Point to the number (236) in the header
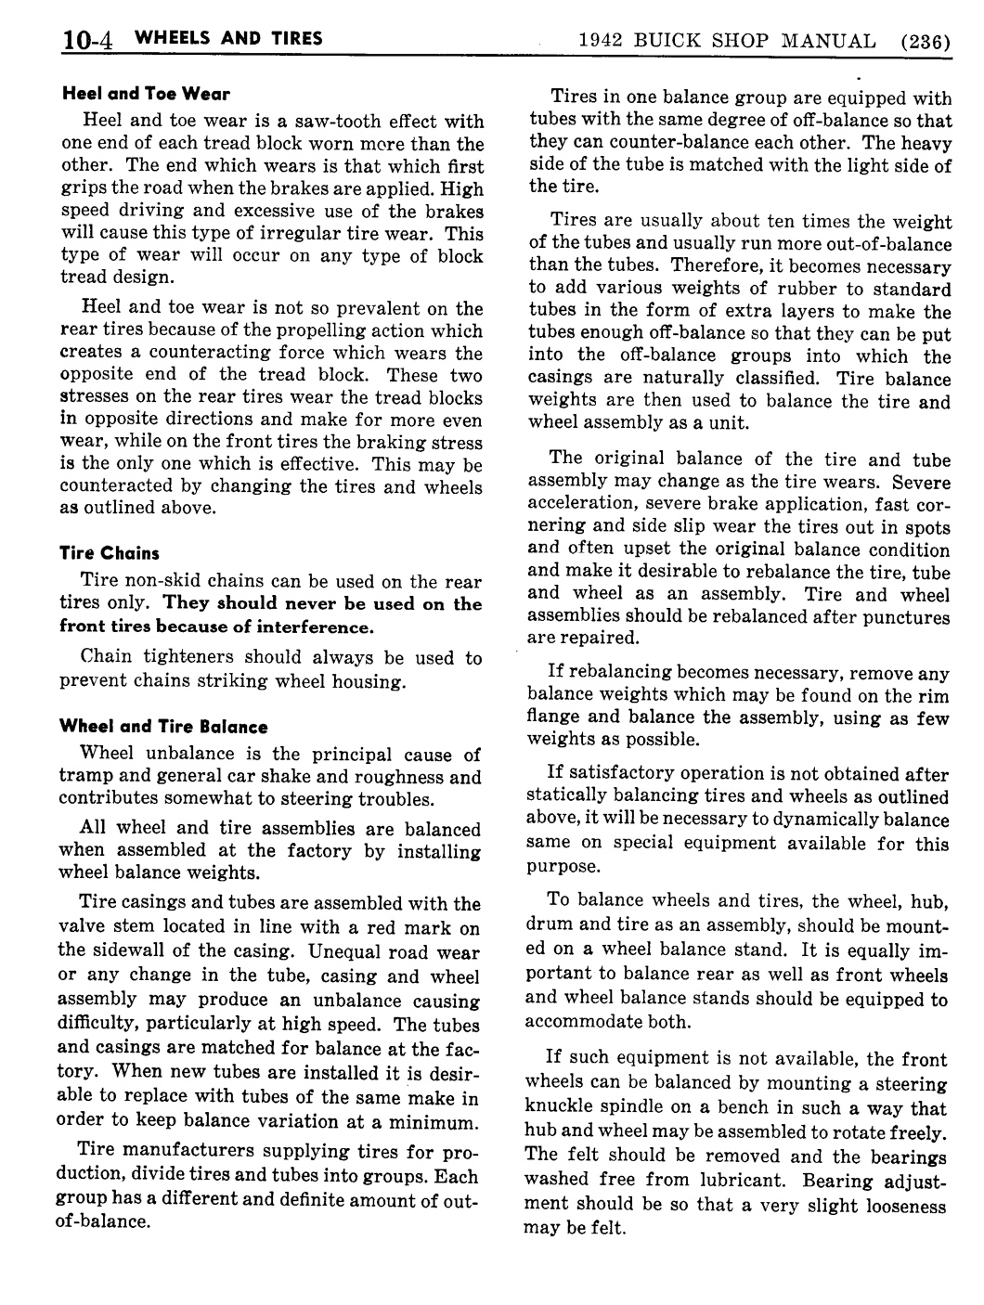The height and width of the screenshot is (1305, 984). pos(924,42)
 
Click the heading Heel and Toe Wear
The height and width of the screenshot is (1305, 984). pos(146,94)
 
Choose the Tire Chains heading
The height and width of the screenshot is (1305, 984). pos(110,553)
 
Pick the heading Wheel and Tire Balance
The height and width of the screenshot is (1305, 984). pos(163,727)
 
